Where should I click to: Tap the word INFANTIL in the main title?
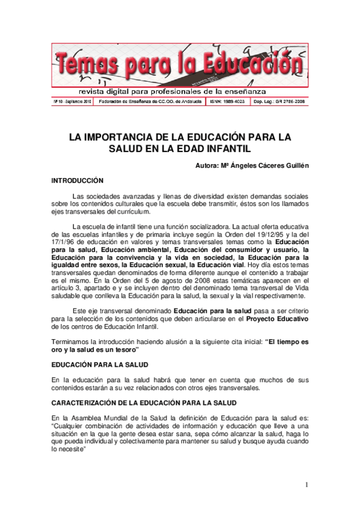coord(225,149)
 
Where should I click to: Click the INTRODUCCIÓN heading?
coord(78,180)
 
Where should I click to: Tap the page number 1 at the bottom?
coord(306,485)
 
